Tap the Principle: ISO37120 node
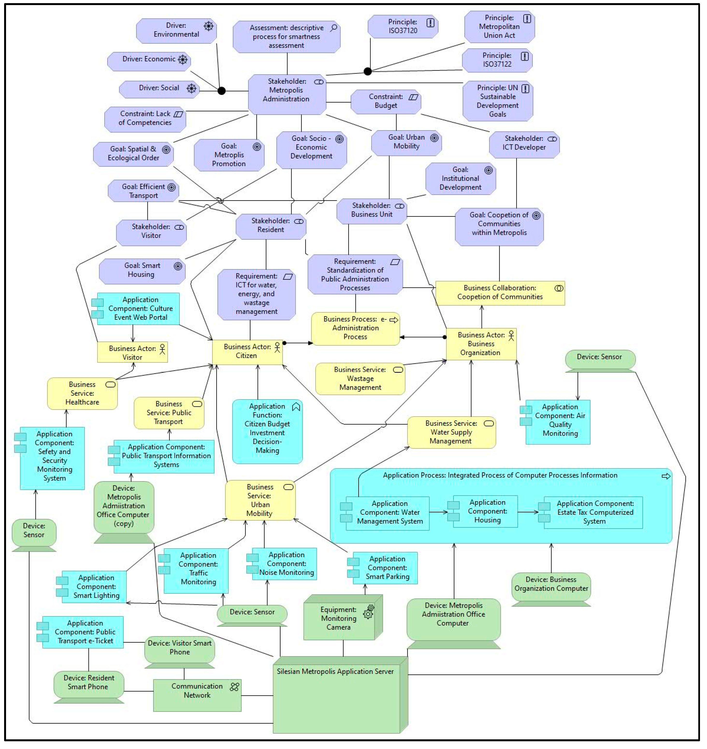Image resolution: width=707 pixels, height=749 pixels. coord(403,26)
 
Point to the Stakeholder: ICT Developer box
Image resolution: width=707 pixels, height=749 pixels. coord(524,143)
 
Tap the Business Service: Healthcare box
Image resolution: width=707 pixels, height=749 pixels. coord(82,393)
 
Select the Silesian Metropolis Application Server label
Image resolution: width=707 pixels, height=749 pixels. coord(335,671)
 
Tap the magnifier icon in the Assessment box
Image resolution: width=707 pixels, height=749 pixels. coord(333,28)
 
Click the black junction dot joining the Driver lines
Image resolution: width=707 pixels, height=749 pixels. coord(222,91)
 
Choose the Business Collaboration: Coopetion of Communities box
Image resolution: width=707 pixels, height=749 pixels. coord(500,293)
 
